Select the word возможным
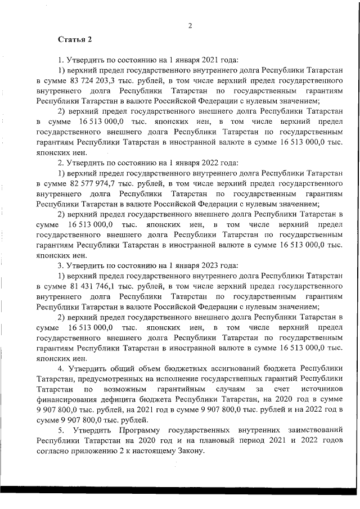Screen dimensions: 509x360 [118, 389]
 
